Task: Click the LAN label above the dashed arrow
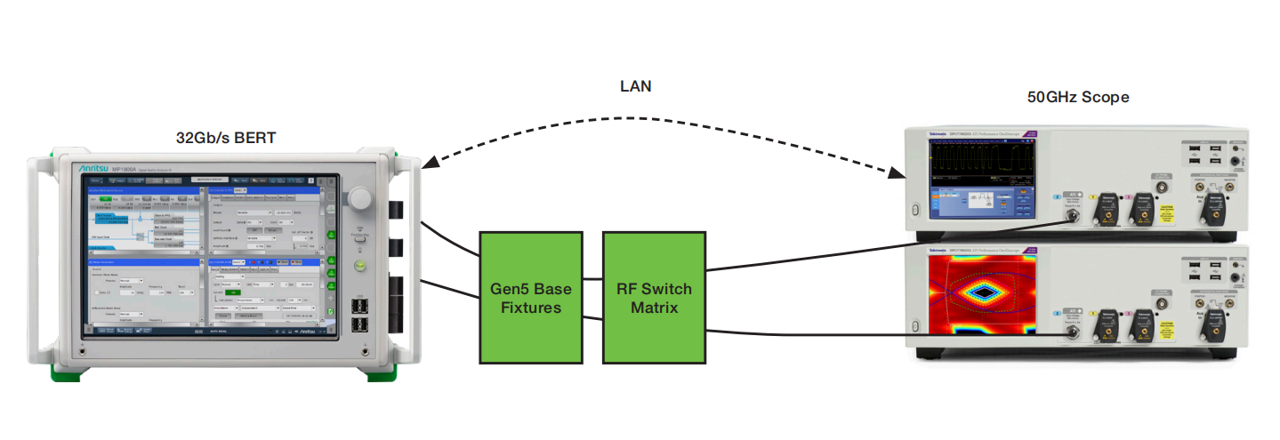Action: [x=635, y=86]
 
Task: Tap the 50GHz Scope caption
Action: [x=1078, y=97]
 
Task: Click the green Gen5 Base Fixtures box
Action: [x=531, y=298]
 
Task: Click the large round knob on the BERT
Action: [x=361, y=198]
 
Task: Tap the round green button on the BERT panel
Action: [x=360, y=266]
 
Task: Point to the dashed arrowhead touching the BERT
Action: [x=431, y=162]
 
